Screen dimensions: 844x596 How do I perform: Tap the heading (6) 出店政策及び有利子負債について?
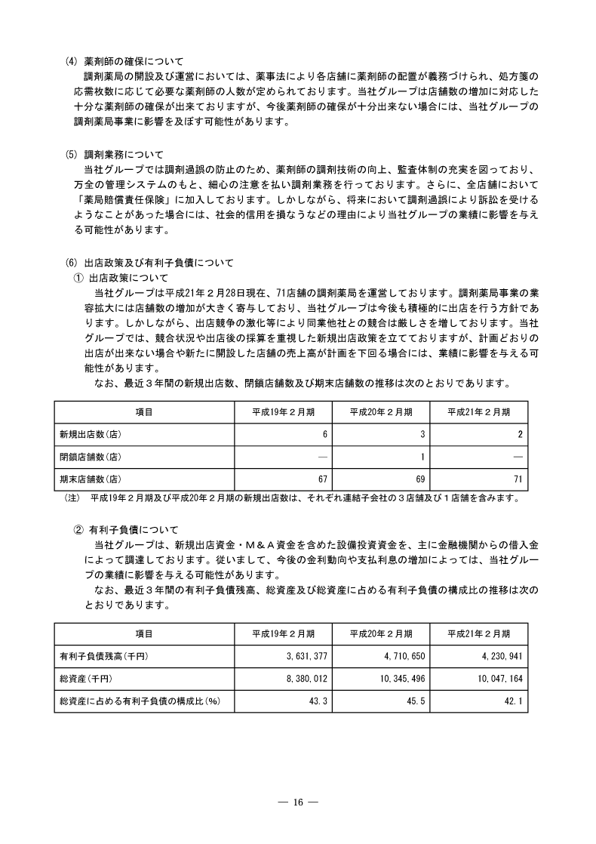(x=150, y=263)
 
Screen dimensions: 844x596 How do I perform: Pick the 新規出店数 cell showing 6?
(x=324, y=435)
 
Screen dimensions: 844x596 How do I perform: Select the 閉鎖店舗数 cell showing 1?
(x=421, y=457)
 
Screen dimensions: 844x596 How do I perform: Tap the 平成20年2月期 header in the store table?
(x=381, y=412)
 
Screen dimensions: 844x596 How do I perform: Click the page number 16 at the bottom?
(x=298, y=802)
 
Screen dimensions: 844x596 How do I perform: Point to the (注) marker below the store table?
(x=72, y=497)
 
